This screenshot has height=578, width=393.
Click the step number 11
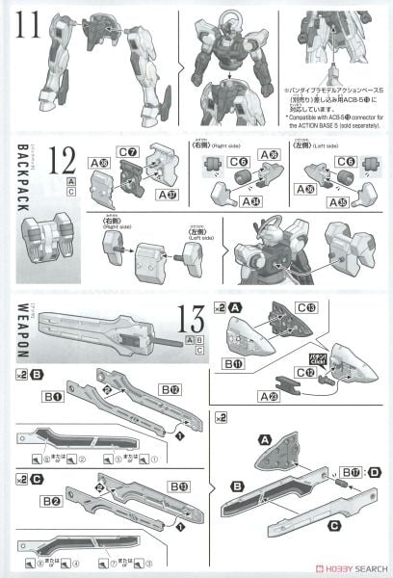coord(27,21)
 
